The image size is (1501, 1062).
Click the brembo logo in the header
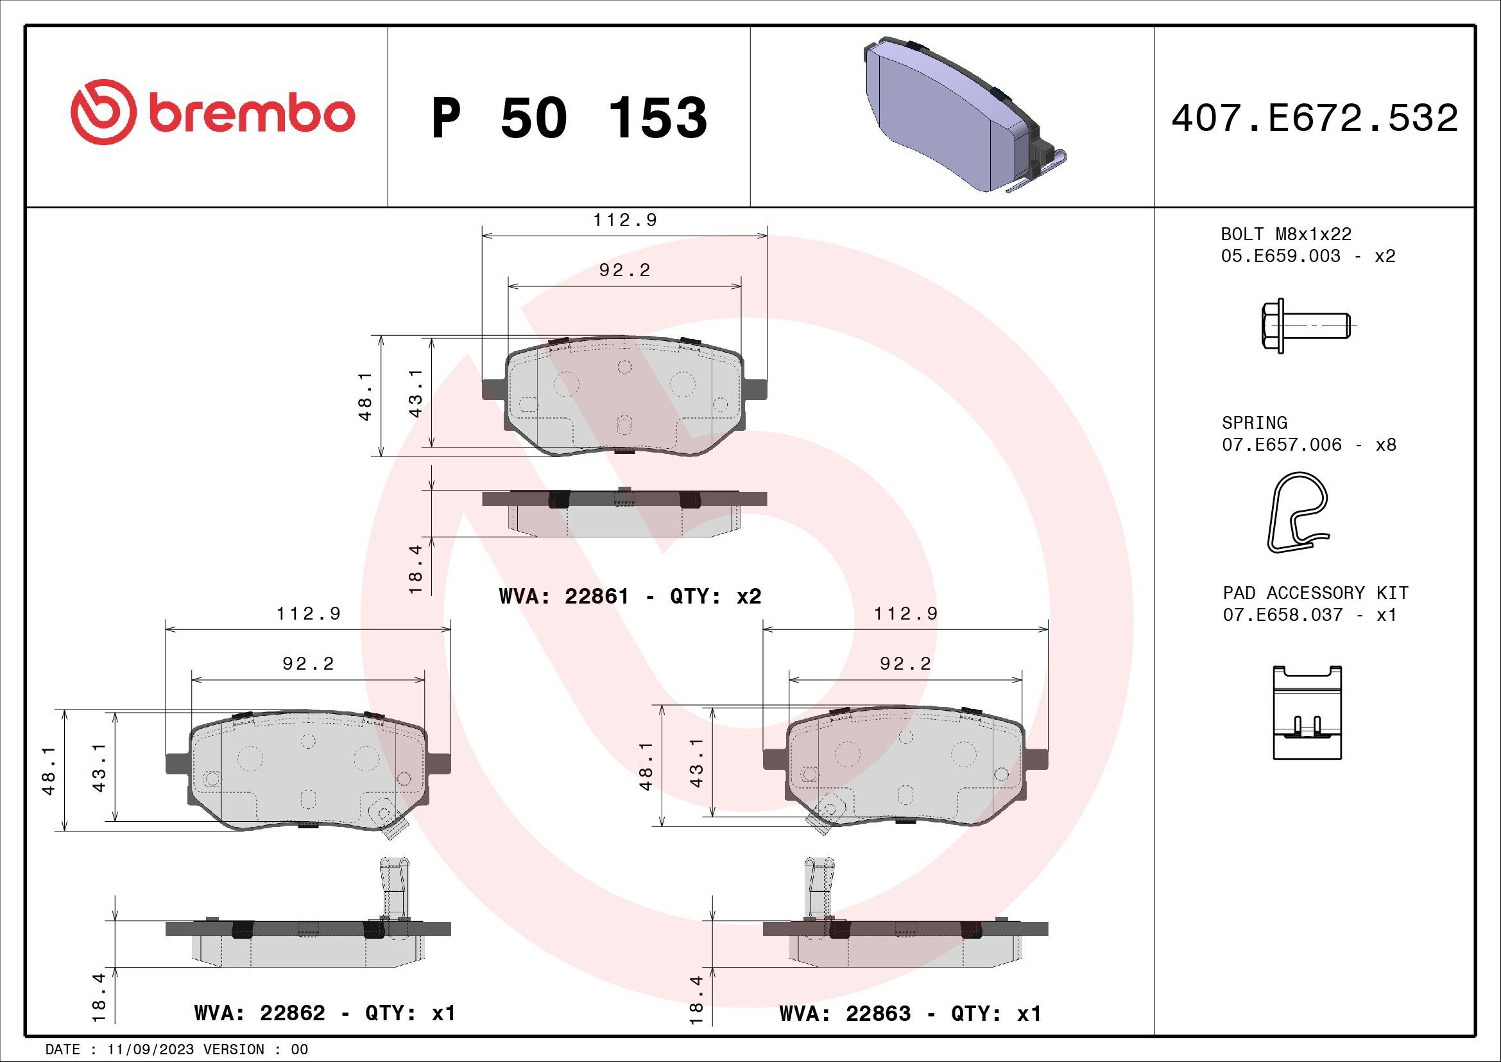[212, 112]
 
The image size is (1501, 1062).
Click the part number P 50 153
[569, 118]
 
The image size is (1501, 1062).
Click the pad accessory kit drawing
[1307, 713]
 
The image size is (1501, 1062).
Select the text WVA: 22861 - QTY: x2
[630, 596]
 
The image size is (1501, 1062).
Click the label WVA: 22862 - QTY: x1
[324, 1013]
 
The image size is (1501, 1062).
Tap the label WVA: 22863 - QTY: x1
[910, 1014]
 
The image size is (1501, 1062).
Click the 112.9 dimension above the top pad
[624, 220]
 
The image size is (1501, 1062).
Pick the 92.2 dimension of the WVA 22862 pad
[308, 664]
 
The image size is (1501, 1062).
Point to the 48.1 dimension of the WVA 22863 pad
[646, 766]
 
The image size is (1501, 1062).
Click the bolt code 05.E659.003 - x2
[1308, 256]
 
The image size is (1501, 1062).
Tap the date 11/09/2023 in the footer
[150, 1050]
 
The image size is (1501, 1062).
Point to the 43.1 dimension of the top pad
[416, 393]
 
